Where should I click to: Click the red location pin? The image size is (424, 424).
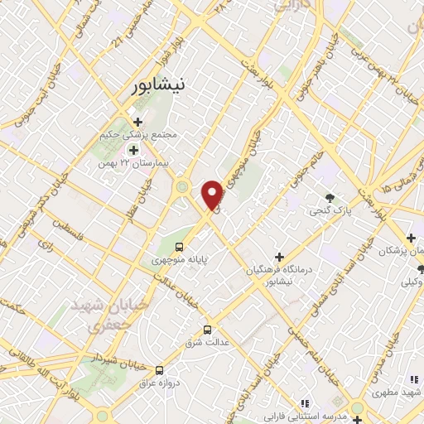213,194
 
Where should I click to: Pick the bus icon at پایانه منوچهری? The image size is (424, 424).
180,247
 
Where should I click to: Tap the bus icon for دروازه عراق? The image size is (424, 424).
159,370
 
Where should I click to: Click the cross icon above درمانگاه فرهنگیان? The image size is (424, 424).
278,258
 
